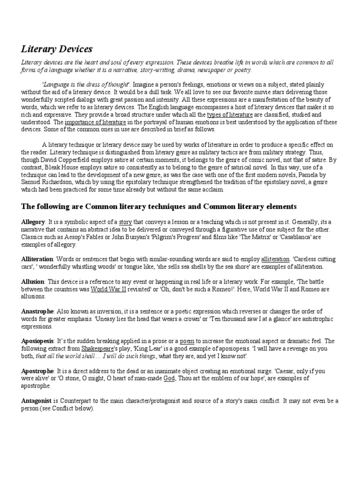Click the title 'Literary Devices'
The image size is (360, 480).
[x=57, y=49]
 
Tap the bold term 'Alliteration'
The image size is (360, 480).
[x=37, y=259]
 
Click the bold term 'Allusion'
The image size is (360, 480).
[x=33, y=282]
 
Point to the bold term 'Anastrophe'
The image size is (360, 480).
[x=38, y=312]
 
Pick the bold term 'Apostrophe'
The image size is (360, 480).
[x=37, y=371]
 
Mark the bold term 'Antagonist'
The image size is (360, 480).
[x=37, y=401]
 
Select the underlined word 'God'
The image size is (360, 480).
[x=169, y=378]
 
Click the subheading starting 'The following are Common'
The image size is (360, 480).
[x=159, y=206]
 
